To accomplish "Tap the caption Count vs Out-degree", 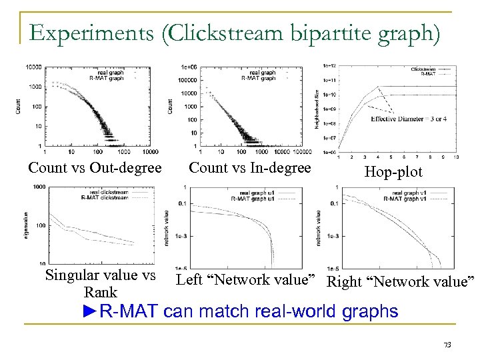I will (x=95, y=167).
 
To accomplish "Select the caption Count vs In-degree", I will (x=250, y=167).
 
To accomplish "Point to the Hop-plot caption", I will (x=393, y=171).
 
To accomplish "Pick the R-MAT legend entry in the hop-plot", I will (x=429, y=73).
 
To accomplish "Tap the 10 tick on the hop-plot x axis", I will (x=455, y=157).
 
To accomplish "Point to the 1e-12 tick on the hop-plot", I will (x=329, y=66).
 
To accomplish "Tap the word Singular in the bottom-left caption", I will (x=72, y=275).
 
